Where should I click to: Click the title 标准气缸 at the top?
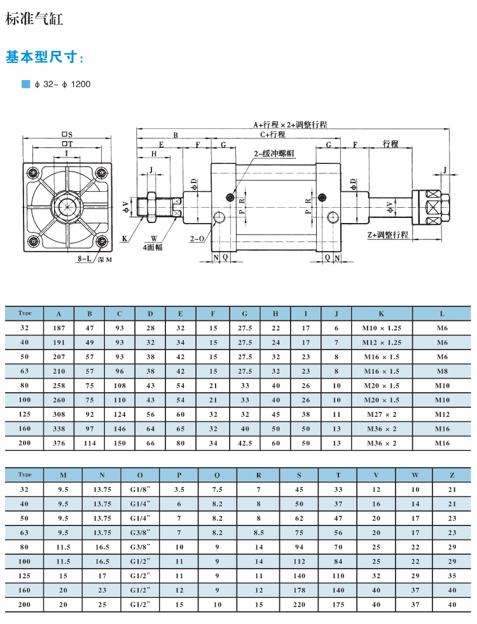click(34, 18)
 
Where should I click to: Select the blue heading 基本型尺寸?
click(45, 58)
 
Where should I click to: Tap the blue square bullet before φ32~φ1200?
click(25, 84)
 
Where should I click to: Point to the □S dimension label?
click(67, 134)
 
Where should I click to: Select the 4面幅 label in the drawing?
click(152, 247)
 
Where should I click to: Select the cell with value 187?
click(59, 328)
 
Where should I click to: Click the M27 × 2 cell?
click(382, 414)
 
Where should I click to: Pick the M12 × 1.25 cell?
click(382, 343)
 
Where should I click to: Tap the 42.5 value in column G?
click(245, 443)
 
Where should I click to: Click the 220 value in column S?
click(299, 605)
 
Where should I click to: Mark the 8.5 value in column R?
click(259, 532)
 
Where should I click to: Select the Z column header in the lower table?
click(452, 475)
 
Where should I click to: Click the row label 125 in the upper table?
click(25, 414)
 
